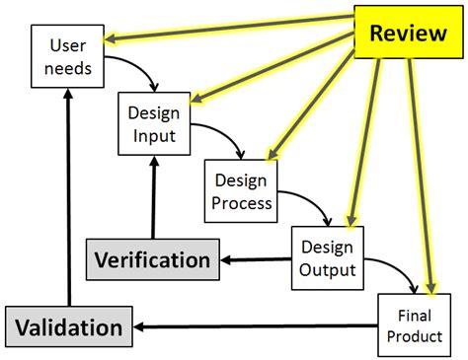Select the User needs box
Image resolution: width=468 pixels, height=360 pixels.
(68, 58)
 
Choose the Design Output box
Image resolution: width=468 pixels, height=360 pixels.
(327, 256)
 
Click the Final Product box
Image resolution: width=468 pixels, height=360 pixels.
(414, 324)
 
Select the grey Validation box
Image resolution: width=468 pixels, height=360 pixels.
(68, 326)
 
